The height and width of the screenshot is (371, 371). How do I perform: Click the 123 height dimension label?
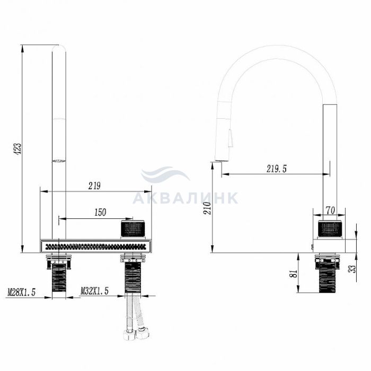coord(17,148)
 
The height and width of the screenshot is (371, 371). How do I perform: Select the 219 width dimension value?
coord(94,186)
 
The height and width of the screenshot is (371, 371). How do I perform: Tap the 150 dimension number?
coord(100,213)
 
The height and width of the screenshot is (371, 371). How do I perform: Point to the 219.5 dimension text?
coord(276,169)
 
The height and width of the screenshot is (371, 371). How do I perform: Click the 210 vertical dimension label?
coord(208,208)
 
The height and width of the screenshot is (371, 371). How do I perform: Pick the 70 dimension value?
coord(330,210)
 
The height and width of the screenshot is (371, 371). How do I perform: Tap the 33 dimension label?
coord(352,269)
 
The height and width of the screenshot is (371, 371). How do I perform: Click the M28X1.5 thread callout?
coord(22,292)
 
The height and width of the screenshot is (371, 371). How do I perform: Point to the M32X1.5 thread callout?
coord(95,291)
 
